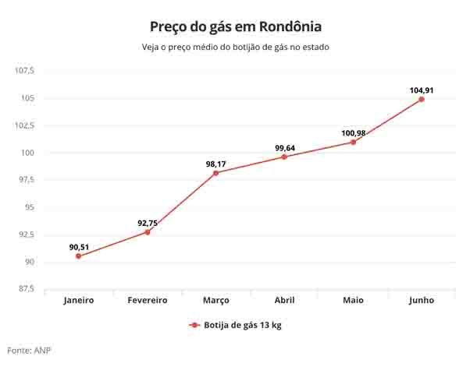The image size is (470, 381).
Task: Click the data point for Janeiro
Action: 79,256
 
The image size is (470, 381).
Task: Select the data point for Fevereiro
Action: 148,232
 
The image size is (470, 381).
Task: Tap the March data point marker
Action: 215,173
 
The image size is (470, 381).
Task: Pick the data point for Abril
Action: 284,157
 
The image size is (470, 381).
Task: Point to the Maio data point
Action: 353,142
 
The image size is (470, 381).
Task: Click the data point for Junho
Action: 422,99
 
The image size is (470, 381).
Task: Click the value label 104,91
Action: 422,90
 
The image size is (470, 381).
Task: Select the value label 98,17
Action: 215,164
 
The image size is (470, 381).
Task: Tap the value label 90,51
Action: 79,248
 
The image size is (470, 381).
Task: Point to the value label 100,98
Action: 354,133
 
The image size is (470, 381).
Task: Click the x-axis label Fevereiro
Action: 148,300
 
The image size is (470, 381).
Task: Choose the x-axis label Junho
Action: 422,300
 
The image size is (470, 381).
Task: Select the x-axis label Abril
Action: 284,300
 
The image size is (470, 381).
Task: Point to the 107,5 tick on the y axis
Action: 25,71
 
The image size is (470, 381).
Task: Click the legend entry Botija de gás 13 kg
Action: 235,325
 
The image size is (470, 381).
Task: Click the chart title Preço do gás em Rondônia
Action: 235,26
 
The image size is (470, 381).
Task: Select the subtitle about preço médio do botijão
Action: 235,48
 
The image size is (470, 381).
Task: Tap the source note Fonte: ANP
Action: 29,351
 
